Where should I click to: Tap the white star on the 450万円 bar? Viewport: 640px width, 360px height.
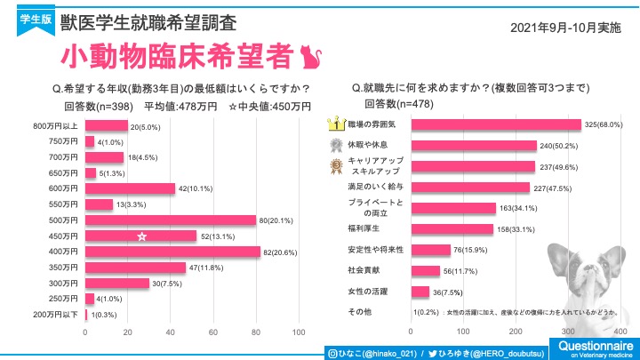pyautogui.click(x=141, y=236)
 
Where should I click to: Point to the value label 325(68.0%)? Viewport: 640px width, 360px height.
pyautogui.click(x=608, y=124)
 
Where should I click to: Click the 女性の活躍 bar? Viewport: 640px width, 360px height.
pyautogui.click(x=419, y=292)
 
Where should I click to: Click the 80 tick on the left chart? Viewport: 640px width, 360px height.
pyautogui.click(x=257, y=332)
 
